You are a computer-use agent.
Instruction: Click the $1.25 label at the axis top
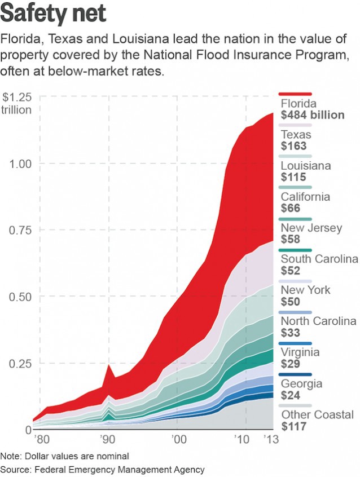pos(17,97)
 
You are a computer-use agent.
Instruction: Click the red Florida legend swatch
pos(296,94)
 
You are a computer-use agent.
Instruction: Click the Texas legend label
pos(296,135)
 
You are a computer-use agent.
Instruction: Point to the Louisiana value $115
pos(293,177)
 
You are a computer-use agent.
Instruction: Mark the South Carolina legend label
pos(319,259)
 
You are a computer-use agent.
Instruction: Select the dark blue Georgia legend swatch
pos(296,374)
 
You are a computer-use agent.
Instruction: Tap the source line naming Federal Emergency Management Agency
pos(102,469)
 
